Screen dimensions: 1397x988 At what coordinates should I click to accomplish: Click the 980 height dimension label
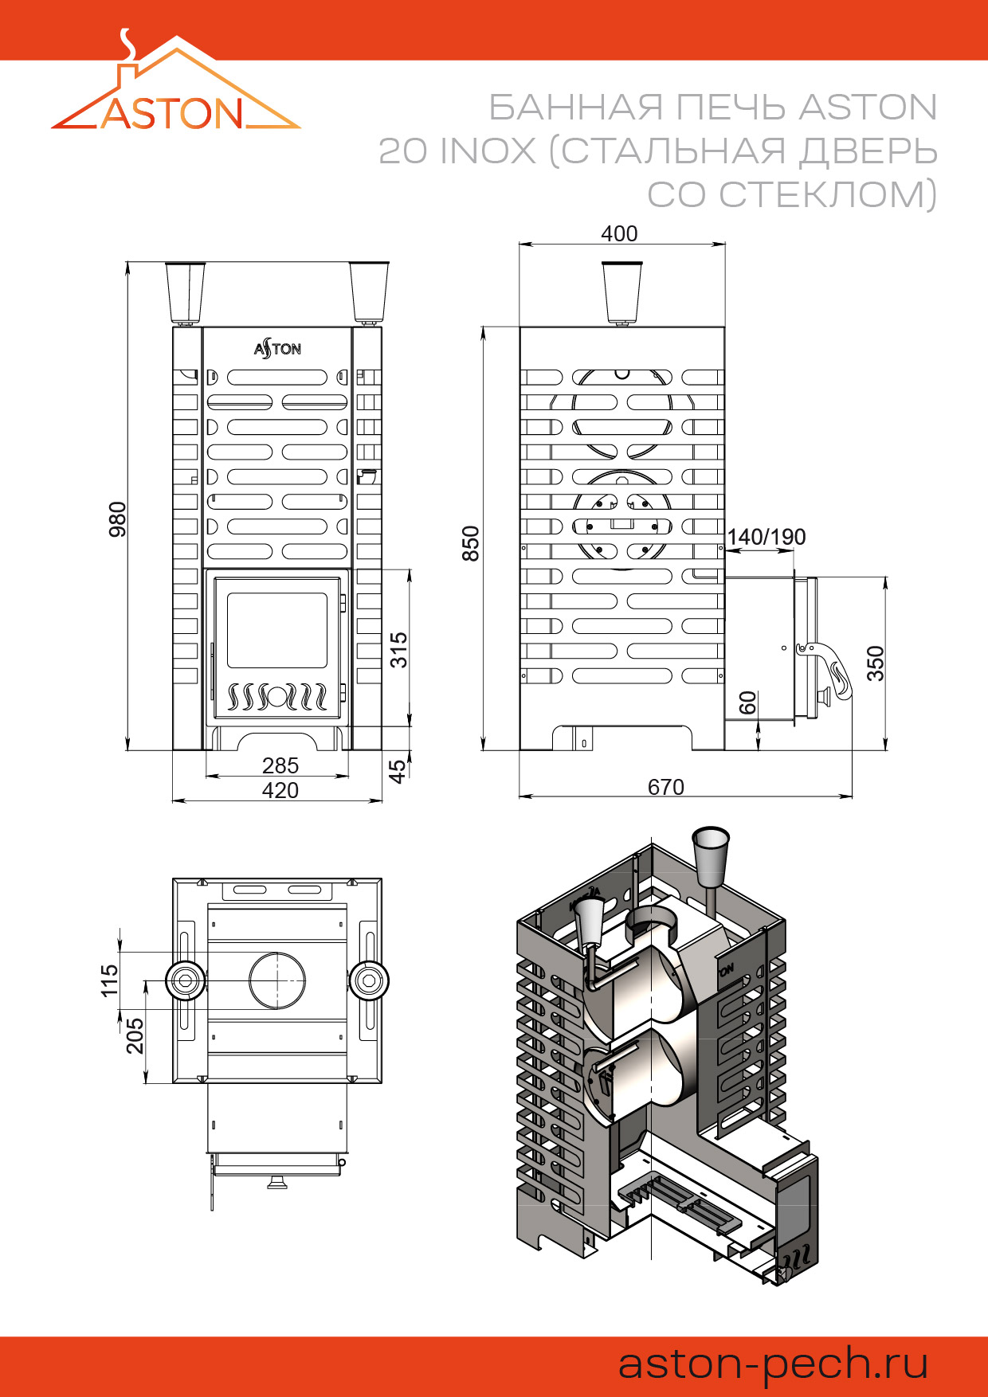pos(117,518)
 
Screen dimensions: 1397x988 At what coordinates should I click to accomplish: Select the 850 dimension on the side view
pos(471,543)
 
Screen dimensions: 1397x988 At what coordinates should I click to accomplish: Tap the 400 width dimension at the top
pos(619,233)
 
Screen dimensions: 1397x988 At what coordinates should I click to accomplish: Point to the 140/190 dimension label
pos(766,537)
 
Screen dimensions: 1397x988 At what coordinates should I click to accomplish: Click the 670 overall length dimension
pos(665,787)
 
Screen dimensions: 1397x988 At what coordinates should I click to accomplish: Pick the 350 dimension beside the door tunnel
pos(875,663)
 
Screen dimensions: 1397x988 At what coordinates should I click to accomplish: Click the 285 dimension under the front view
pos(280,765)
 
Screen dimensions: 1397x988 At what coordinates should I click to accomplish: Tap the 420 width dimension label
pos(280,790)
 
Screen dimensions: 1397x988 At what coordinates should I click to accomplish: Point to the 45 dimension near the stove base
pos(397,770)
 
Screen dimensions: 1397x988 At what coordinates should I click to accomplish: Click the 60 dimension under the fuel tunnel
pos(747,702)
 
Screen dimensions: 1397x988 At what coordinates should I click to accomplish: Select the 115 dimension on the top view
pos(109,980)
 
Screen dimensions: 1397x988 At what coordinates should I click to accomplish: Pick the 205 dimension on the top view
pos(135,1035)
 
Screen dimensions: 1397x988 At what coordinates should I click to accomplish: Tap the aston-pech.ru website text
pos(773,1364)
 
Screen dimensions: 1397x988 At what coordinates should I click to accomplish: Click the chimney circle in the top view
pos(277,980)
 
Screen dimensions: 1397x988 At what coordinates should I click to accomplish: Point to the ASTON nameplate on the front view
pos(277,348)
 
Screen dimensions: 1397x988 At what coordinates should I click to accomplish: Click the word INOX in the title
pos(488,151)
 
